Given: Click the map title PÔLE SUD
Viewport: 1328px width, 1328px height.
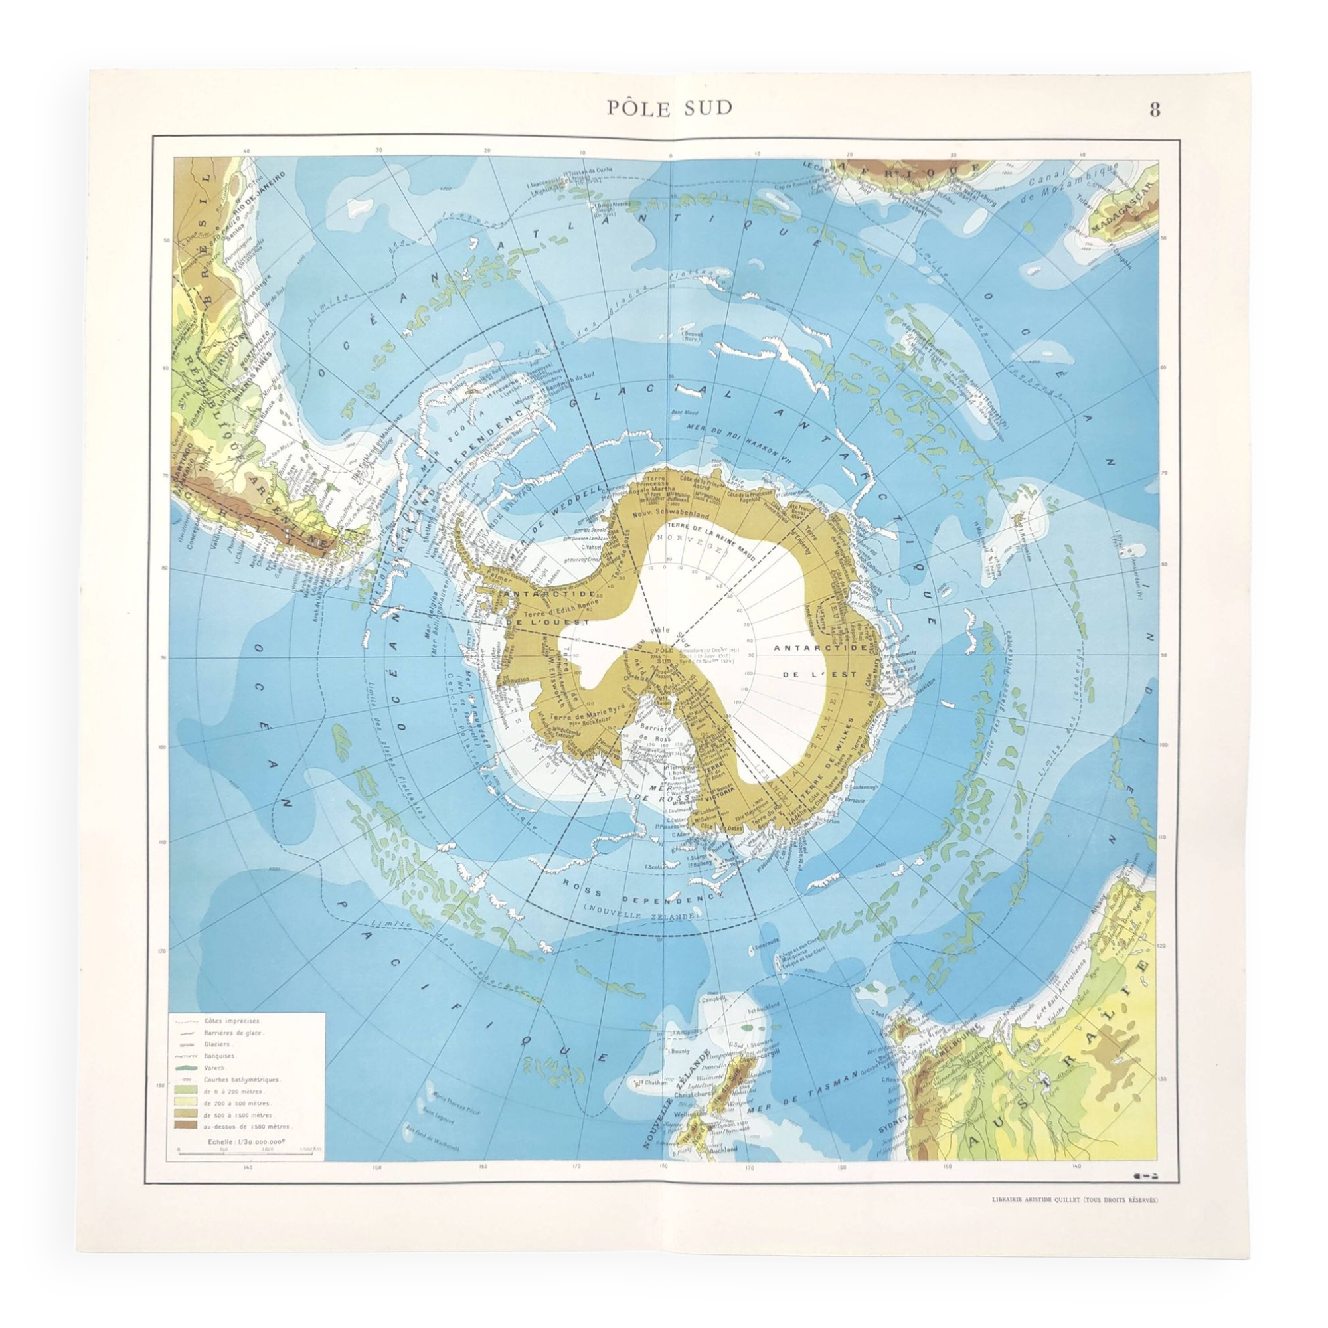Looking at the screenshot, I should tap(669, 108).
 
